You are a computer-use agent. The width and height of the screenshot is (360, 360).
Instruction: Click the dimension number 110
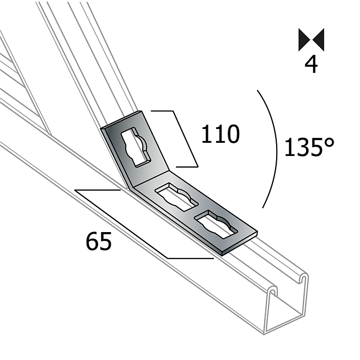(x=220, y=135)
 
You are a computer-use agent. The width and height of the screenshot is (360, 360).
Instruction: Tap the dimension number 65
(x=99, y=241)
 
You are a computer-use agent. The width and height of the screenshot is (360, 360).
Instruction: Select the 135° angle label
(x=309, y=148)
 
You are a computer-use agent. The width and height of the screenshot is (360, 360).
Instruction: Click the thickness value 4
(x=311, y=65)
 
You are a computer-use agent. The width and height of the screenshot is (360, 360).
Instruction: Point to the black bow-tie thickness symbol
(x=311, y=40)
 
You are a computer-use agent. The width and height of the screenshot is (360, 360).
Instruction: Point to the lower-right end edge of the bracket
(x=240, y=241)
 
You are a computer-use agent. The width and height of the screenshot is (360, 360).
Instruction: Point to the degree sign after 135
(x=329, y=142)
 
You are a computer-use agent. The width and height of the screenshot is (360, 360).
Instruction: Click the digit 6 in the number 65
(x=92, y=241)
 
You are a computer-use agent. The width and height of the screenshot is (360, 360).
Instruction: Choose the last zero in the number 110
(x=232, y=135)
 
